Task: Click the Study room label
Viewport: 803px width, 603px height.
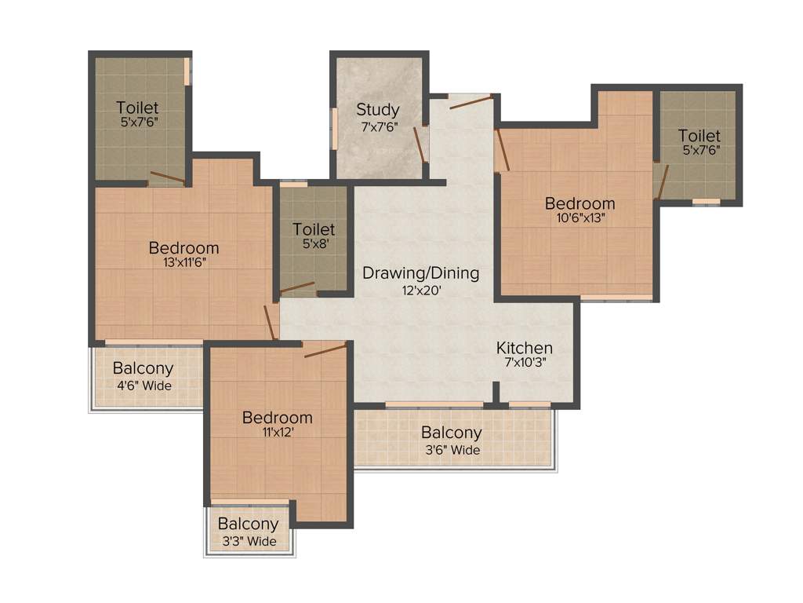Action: click(x=377, y=110)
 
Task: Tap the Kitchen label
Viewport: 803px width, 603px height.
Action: click(x=524, y=348)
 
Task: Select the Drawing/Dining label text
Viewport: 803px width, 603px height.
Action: click(x=420, y=273)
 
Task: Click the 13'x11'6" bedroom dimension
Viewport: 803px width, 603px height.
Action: click(x=183, y=264)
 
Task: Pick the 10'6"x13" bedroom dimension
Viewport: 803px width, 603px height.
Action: click(x=580, y=219)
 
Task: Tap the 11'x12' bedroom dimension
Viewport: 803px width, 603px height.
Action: click(x=277, y=433)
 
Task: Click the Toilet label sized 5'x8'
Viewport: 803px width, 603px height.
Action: click(x=314, y=229)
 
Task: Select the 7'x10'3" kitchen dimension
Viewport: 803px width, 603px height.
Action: click(x=524, y=363)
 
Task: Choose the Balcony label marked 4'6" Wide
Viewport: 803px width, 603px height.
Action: click(x=143, y=368)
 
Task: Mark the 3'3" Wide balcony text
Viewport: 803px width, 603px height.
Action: click(x=248, y=541)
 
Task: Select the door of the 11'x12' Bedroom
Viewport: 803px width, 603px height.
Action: click(x=325, y=350)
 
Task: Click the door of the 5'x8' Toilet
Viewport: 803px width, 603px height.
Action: click(x=297, y=287)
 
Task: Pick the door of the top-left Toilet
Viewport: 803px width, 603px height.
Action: click(x=168, y=177)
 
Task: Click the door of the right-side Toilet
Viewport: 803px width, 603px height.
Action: click(x=662, y=182)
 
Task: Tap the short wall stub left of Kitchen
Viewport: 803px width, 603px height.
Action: click(x=496, y=393)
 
